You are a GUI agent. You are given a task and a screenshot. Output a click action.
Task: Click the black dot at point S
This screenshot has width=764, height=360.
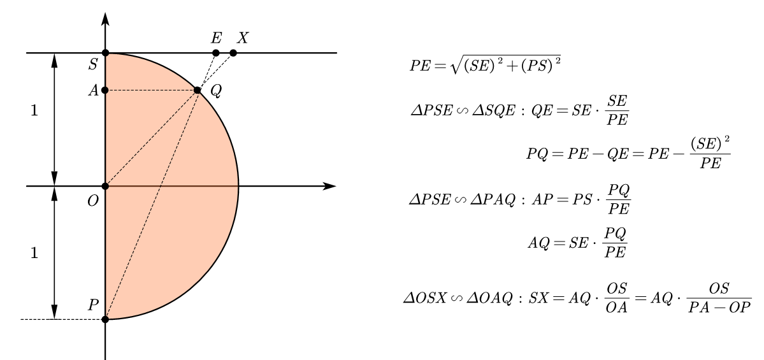coord(105,53)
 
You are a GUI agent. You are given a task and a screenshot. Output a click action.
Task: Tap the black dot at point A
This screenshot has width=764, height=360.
coord(105,90)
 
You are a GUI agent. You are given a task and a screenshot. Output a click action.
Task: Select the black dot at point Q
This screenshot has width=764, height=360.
coord(198,90)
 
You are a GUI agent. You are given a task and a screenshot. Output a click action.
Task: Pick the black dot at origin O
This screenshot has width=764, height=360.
coord(105,186)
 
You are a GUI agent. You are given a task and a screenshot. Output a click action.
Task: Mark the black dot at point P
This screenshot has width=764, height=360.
coord(105,319)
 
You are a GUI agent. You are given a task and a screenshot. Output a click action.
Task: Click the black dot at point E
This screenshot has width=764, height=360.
coord(216,53)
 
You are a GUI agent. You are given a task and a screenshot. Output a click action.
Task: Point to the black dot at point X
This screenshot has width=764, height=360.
coord(233,53)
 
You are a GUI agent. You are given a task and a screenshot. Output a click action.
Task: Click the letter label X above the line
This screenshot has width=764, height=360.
coord(242,38)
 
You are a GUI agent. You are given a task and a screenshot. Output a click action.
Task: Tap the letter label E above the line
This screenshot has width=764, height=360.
coord(216,38)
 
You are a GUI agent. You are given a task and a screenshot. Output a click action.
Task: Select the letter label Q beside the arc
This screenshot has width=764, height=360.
coord(216,91)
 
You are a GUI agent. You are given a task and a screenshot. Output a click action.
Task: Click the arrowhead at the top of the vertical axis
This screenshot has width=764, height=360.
coord(105,18)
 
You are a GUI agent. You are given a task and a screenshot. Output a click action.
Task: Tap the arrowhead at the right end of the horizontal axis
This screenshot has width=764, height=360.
coord(329,186)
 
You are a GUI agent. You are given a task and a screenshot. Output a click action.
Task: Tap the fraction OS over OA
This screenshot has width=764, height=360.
coord(617,298)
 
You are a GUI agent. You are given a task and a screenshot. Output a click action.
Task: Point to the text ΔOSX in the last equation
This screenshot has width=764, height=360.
coord(425,298)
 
